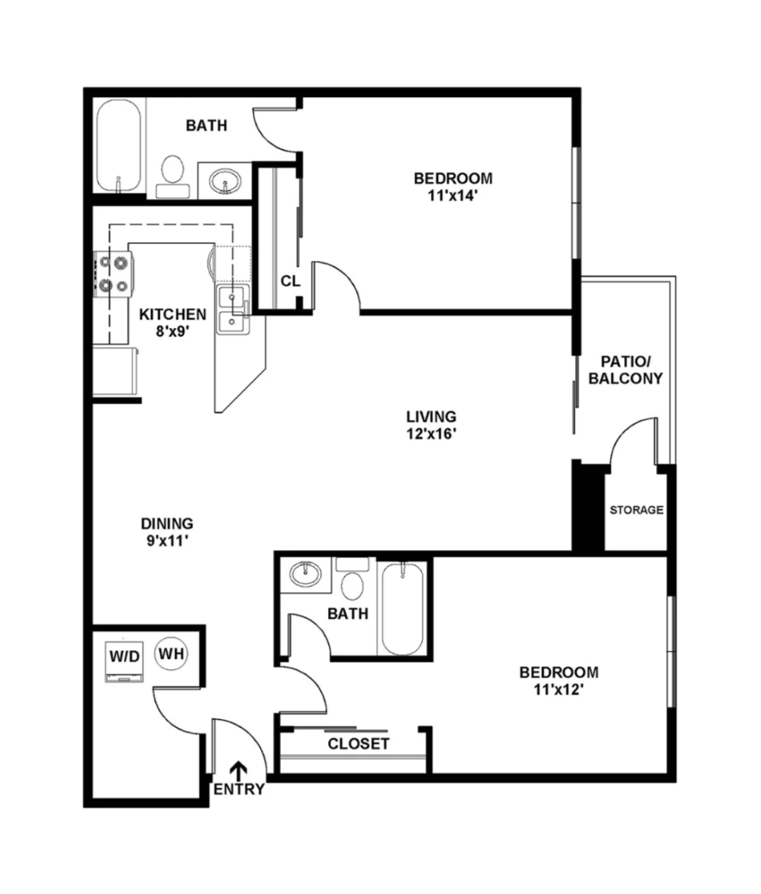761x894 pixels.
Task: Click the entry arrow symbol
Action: pyautogui.click(x=238, y=770)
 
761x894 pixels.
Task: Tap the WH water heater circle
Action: pyautogui.click(x=171, y=654)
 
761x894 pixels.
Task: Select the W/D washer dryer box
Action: pyautogui.click(x=124, y=662)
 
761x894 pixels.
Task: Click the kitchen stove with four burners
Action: pyautogui.click(x=113, y=275)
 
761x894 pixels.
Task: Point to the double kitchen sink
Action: pyautogui.click(x=232, y=310)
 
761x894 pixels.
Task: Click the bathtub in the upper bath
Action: pyautogui.click(x=118, y=147)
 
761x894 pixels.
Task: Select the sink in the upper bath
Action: pyautogui.click(x=225, y=182)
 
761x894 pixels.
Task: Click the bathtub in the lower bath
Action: pyautogui.click(x=402, y=608)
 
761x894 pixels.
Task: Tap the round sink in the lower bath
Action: pyautogui.click(x=305, y=574)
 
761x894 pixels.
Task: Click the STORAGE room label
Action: pyautogui.click(x=637, y=510)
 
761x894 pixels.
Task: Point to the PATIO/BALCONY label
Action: pyautogui.click(x=625, y=370)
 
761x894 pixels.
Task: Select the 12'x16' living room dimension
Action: pyautogui.click(x=431, y=434)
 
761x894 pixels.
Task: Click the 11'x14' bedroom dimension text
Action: pyautogui.click(x=453, y=196)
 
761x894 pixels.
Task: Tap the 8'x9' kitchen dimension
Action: pyautogui.click(x=173, y=331)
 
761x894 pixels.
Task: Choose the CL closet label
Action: pyautogui.click(x=290, y=281)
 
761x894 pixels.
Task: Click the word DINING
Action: pyautogui.click(x=167, y=524)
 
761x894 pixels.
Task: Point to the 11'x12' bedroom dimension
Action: pyautogui.click(x=559, y=689)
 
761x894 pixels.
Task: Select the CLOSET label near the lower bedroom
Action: pyautogui.click(x=359, y=743)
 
